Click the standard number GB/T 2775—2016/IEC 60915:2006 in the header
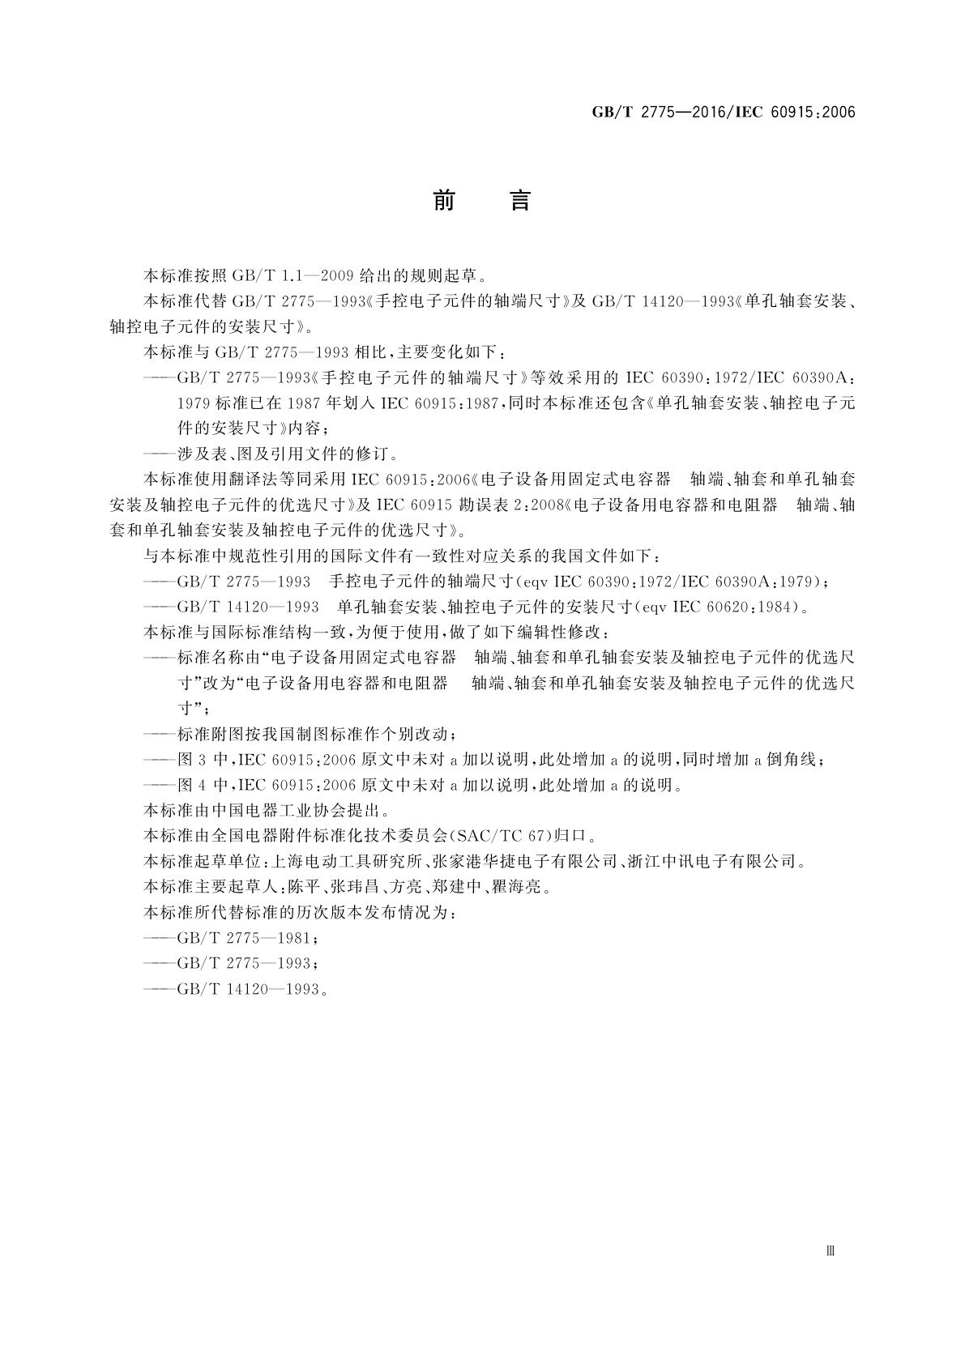coord(724,113)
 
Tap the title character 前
coord(444,200)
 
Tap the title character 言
coord(519,200)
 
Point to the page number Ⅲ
coord(830,1251)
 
